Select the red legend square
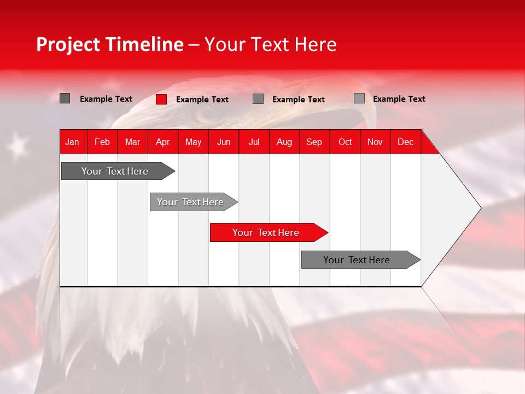click(161, 99)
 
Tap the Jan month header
click(72, 142)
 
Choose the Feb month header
click(102, 142)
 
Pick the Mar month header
click(132, 142)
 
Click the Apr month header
click(163, 142)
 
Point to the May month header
click(193, 142)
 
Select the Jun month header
click(224, 142)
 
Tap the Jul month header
click(254, 142)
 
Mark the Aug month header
click(284, 142)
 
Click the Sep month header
click(314, 142)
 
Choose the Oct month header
click(345, 142)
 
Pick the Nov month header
click(375, 142)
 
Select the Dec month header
click(406, 142)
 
